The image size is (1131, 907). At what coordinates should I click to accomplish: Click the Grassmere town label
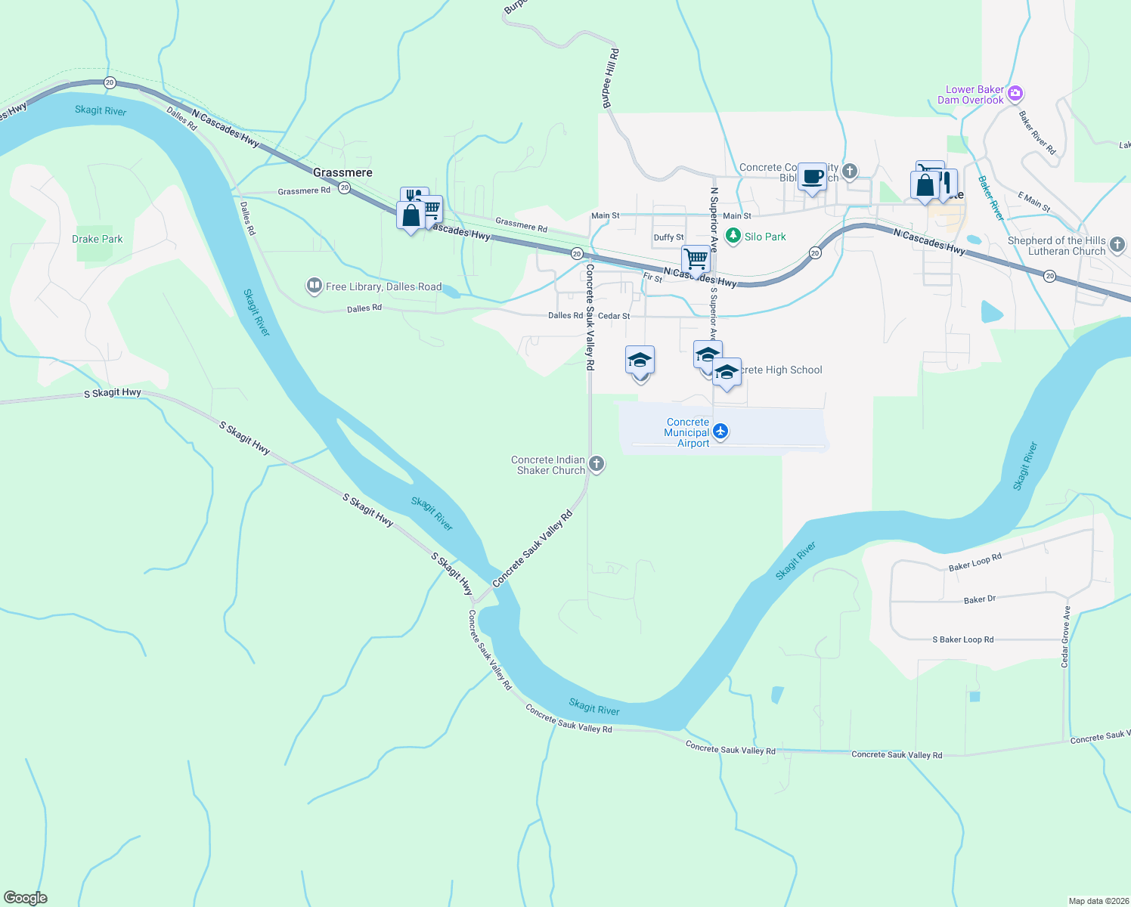(x=342, y=172)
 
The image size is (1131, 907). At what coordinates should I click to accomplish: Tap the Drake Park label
(x=97, y=239)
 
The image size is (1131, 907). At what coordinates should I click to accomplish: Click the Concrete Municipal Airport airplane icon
(x=720, y=431)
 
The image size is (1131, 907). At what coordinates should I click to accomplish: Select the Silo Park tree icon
(x=733, y=237)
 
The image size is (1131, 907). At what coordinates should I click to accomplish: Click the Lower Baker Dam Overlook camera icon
(x=1015, y=94)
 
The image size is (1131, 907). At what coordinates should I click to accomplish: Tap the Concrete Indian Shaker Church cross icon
(x=596, y=464)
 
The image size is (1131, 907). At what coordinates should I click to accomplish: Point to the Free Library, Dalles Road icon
(x=314, y=286)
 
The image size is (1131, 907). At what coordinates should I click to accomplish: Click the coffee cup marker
(x=813, y=178)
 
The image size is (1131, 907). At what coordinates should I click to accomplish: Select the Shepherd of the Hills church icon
(x=1117, y=245)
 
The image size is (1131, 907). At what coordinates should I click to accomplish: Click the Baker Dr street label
(x=979, y=599)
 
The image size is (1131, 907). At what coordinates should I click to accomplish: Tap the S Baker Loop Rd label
(x=962, y=639)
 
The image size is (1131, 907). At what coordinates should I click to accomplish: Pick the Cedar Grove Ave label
(x=1065, y=636)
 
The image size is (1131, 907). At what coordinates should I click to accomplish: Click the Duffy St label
(x=668, y=237)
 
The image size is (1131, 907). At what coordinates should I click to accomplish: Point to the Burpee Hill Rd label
(x=610, y=79)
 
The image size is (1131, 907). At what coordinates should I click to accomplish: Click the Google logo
(x=26, y=898)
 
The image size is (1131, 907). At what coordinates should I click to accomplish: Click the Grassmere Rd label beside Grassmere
(x=304, y=191)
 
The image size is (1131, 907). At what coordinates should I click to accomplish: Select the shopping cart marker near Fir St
(x=696, y=258)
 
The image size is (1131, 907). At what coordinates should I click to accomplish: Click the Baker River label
(x=990, y=198)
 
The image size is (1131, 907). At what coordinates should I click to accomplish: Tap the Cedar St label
(x=614, y=316)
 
